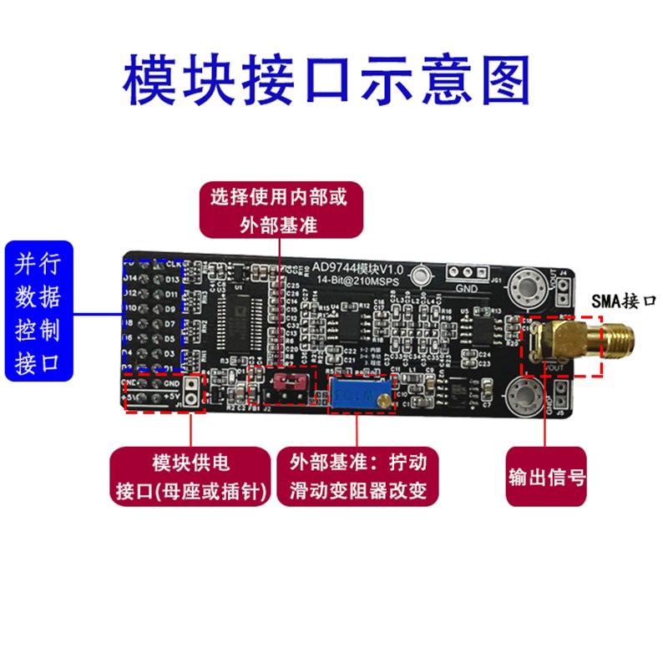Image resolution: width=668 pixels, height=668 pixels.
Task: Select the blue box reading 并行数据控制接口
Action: coord(38,311)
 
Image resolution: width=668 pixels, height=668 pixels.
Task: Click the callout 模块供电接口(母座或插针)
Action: coord(191,478)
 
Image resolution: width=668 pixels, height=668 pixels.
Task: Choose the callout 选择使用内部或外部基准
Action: coord(282,211)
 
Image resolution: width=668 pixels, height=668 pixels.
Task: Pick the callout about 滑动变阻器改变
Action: coord(359,478)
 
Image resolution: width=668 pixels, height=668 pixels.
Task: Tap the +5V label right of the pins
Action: coord(173,396)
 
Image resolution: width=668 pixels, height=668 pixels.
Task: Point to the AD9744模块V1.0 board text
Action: coord(357,268)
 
